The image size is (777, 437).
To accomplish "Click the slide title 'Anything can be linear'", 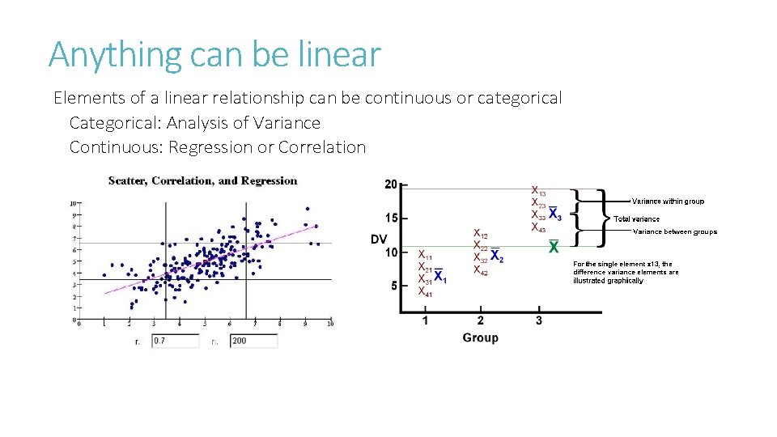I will pos(214,54).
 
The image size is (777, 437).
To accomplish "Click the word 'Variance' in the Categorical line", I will pos(287,123).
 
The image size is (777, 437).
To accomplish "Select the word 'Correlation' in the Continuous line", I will pos(321,147).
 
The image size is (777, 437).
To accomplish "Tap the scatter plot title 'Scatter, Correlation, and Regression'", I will pos(202,180).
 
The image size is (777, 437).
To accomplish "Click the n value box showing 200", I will pos(253,341).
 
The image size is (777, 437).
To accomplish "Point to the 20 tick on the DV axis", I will pos(390,185).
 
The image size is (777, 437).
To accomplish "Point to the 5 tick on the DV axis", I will pos(393,286).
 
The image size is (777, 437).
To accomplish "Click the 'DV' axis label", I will pos(379,239).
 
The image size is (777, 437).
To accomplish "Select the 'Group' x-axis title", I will pos(480,337).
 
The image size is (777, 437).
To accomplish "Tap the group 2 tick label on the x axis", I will pos(480,320).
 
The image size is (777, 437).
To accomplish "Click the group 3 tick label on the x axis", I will pos(538,320).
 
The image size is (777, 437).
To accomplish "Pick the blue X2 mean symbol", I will pos(496,257).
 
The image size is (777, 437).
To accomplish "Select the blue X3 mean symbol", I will pos(554,214).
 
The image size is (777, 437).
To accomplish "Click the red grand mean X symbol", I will pos(554,248).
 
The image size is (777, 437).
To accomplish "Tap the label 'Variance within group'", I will pos(668,201).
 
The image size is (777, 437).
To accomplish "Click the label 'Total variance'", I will pos(636,218).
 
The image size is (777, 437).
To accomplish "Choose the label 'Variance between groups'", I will pos(674,231).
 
